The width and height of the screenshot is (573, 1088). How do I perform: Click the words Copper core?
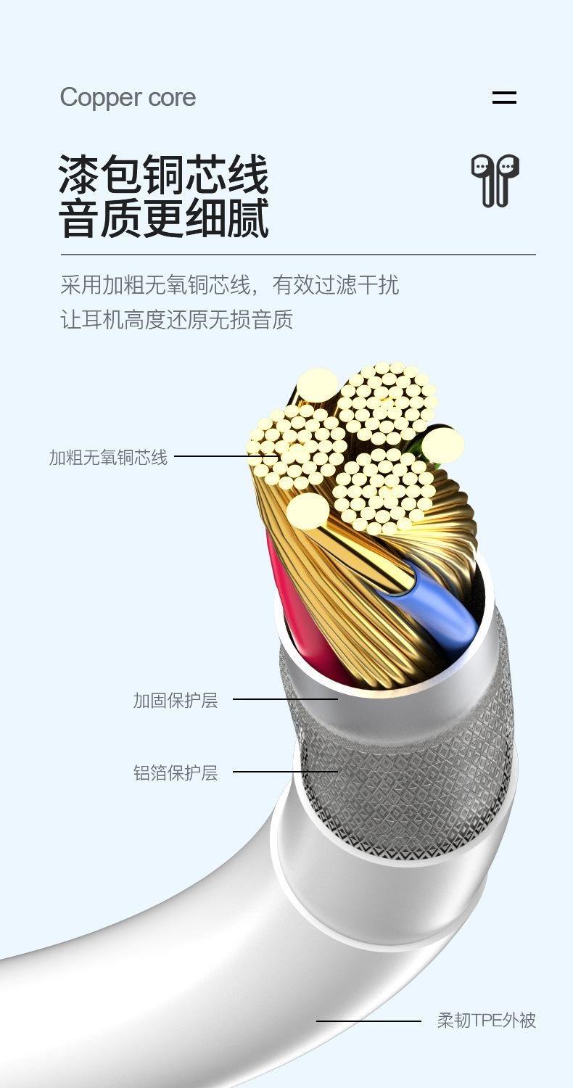pos(128,98)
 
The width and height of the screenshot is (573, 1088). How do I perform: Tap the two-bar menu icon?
pos(504,98)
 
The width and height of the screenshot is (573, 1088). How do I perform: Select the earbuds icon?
pos(495,180)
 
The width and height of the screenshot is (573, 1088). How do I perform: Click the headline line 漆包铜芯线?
pos(163,174)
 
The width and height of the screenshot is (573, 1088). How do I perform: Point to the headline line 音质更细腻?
pos(163,218)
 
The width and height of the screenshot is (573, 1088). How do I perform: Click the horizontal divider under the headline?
pos(297,255)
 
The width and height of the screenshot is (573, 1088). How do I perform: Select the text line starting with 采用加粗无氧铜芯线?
pos(229,285)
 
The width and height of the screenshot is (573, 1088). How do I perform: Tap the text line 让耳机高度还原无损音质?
pos(176,320)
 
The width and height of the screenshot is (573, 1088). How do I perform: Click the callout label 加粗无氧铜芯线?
pos(108,458)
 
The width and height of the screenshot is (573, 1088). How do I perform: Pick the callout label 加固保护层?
pos(175,701)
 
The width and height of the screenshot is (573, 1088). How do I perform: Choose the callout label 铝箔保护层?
pos(175,773)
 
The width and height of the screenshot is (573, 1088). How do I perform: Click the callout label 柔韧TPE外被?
pos(486,1021)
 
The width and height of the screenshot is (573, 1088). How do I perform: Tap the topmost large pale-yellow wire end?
pos(318,384)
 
